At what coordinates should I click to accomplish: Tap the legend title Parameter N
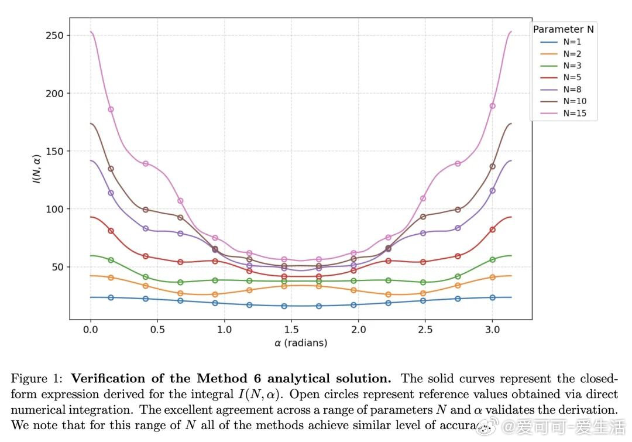(x=564, y=29)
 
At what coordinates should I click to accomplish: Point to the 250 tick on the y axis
(x=54, y=36)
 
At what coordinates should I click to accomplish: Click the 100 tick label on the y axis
(x=54, y=209)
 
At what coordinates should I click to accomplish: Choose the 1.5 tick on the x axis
(x=291, y=330)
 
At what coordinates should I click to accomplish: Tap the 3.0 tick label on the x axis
(x=492, y=330)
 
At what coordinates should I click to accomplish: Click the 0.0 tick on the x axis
(x=91, y=330)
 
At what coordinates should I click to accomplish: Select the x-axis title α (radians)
(x=300, y=343)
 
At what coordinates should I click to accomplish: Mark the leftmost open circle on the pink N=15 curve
(x=111, y=109)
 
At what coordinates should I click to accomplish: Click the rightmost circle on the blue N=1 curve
(x=492, y=297)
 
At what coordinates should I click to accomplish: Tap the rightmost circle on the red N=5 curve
(x=492, y=229)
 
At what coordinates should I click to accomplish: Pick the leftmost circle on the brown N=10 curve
(x=111, y=169)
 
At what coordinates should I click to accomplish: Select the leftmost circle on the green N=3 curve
(x=111, y=260)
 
